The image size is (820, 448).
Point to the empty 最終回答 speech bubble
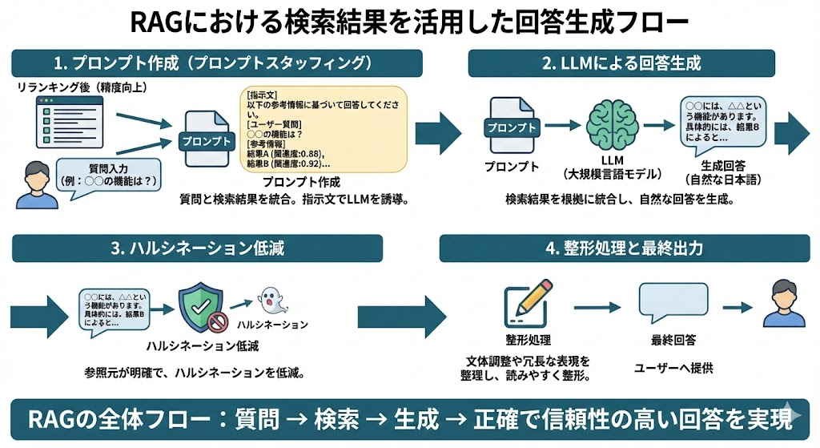[x=673, y=305]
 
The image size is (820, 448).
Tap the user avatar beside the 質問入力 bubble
[x=31, y=185]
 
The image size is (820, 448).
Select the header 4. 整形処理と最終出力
[x=624, y=248]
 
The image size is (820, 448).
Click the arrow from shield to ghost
[x=239, y=305]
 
